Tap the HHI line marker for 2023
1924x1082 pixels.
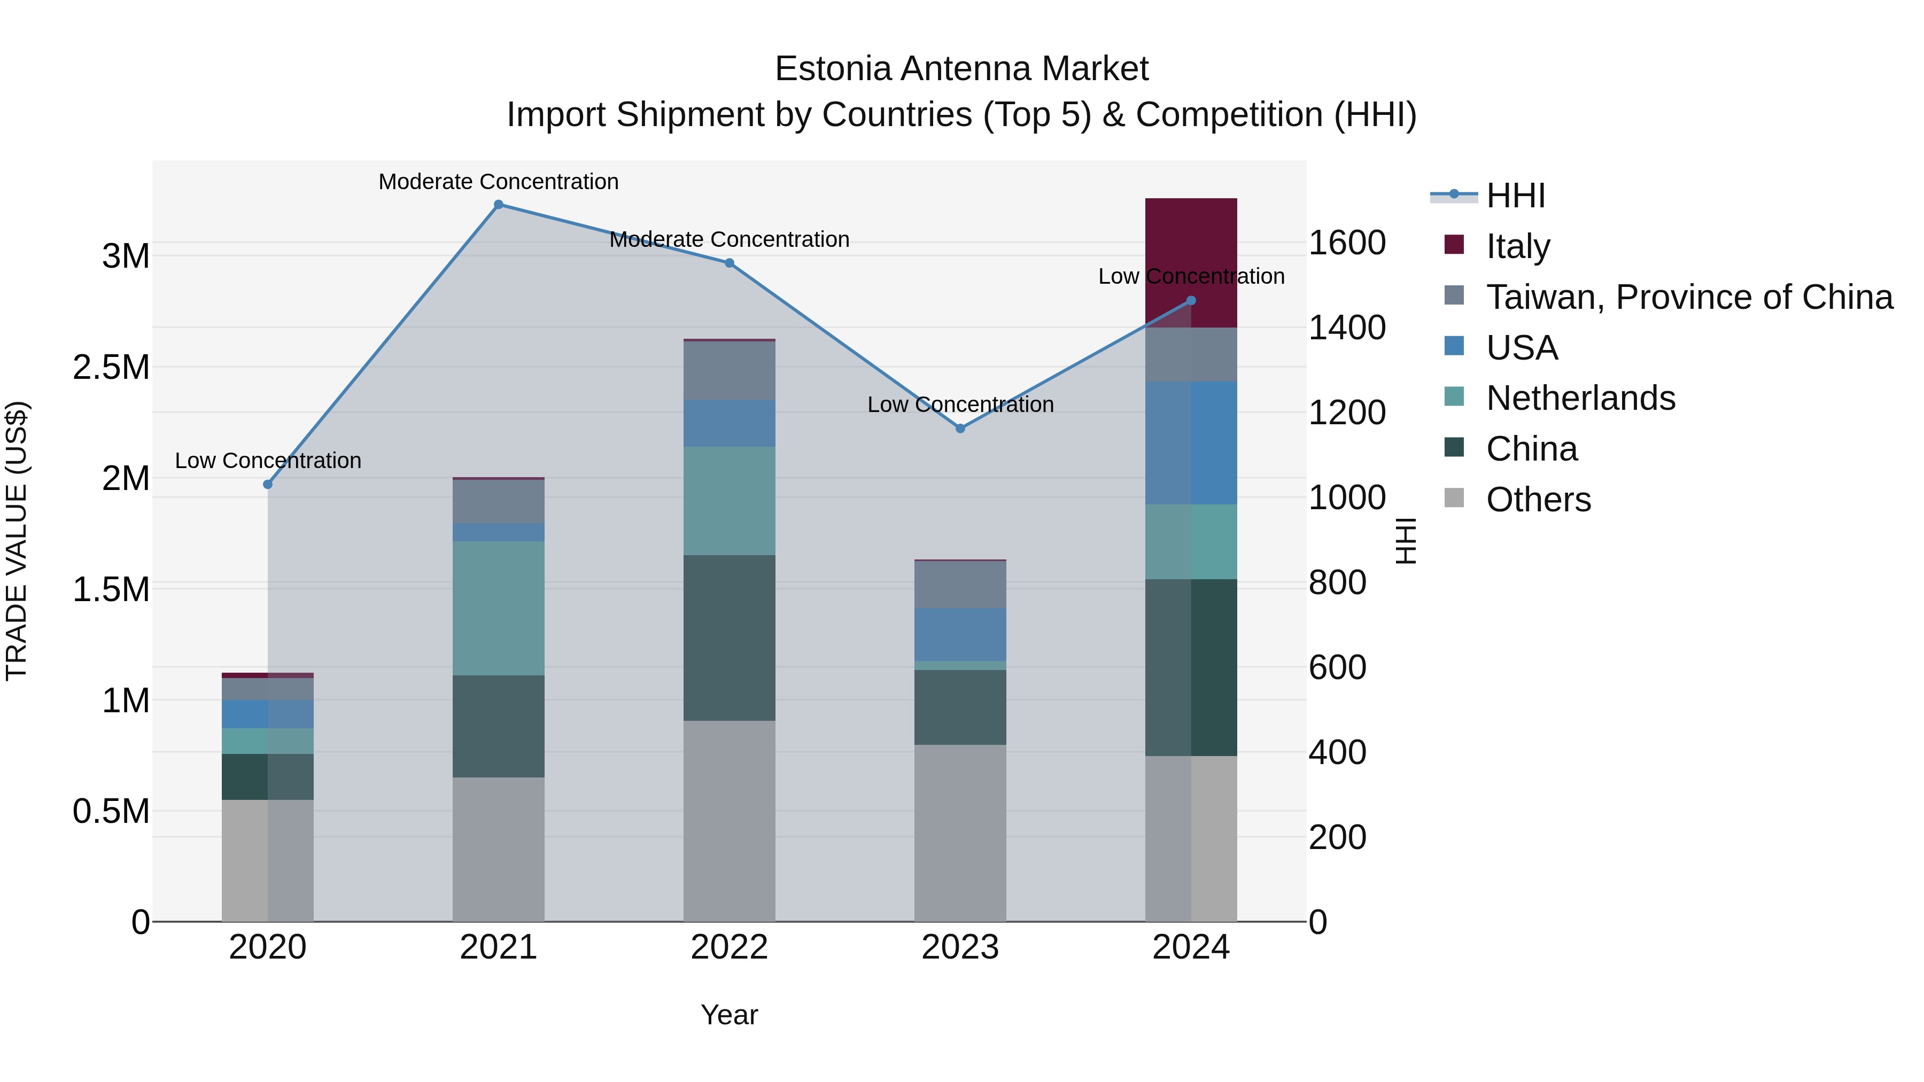pyautogui.click(x=960, y=429)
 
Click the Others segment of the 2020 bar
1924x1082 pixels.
pyautogui.click(x=267, y=860)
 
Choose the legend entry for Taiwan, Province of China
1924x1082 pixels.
pyautogui.click(x=1689, y=297)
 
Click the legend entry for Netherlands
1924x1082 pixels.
pyautogui.click(x=1580, y=398)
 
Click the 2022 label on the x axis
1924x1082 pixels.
pyautogui.click(x=729, y=947)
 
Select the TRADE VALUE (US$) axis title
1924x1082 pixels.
pyautogui.click(x=17, y=541)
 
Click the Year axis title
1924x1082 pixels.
pyautogui.click(x=729, y=1015)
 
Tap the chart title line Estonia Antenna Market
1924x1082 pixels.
pyautogui.click(x=961, y=69)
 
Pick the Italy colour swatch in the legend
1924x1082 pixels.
pyautogui.click(x=1454, y=244)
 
